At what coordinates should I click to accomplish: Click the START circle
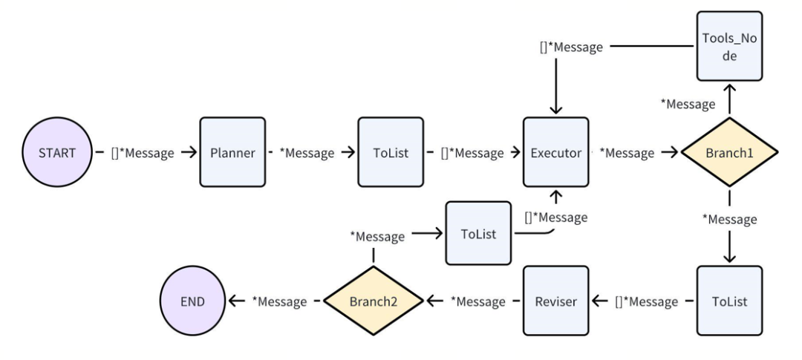[x=57, y=152]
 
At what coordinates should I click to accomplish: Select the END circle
[x=193, y=301]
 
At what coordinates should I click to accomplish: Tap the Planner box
[x=232, y=152]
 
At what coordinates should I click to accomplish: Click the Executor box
[x=556, y=152]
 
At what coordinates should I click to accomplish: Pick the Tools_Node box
[x=730, y=46]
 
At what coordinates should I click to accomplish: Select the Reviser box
[x=556, y=301]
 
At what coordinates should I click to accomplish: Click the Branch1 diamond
[x=730, y=152]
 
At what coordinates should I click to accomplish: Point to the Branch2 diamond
[x=374, y=301]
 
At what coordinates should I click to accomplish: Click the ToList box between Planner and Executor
[x=391, y=152]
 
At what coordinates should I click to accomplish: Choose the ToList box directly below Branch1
[x=730, y=301]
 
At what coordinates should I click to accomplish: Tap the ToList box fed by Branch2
[x=478, y=233]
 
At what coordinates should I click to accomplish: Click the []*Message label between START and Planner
[x=142, y=152]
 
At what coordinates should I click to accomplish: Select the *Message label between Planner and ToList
[x=307, y=152]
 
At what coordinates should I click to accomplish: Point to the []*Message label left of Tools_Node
[x=571, y=47]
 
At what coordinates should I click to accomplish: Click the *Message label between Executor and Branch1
[x=627, y=152]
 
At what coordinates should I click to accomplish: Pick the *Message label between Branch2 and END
[x=279, y=301]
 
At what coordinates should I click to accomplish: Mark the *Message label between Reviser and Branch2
[x=477, y=301]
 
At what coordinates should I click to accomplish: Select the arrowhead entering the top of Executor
[x=556, y=109]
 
